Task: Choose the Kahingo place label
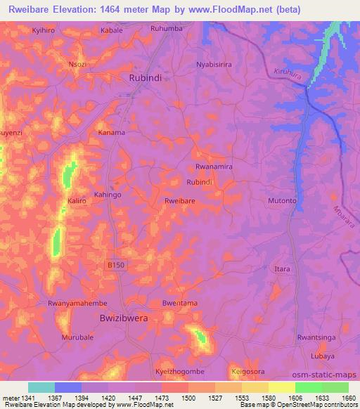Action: pyautogui.click(x=108, y=194)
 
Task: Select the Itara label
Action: pyautogui.click(x=282, y=269)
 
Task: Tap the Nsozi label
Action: pyautogui.click(x=77, y=63)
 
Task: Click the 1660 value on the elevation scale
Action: pyautogui.click(x=348, y=398)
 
